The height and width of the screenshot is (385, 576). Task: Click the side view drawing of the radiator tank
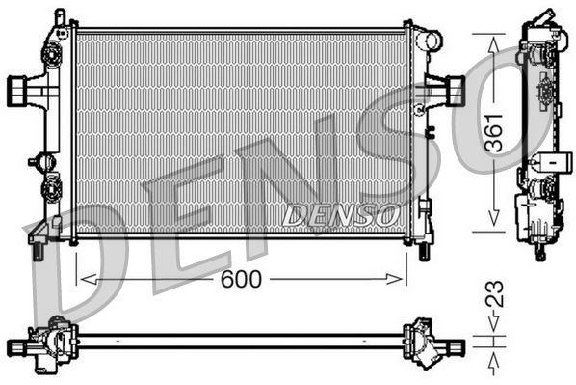coord(540,135)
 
